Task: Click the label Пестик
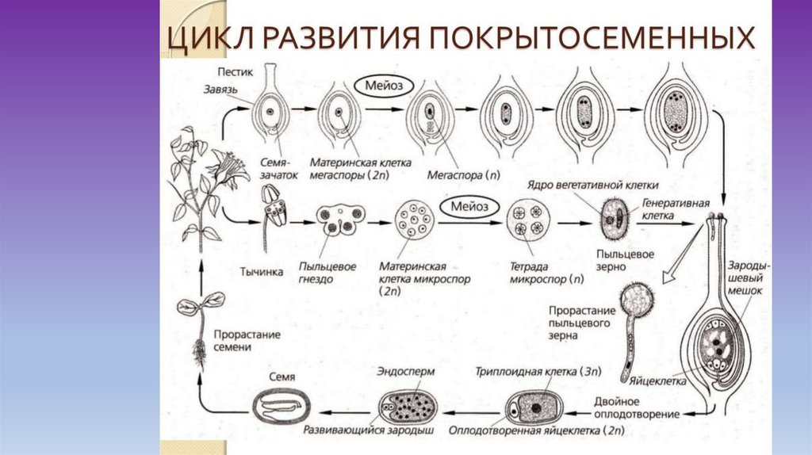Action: (x=235, y=71)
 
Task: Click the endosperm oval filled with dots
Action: (x=408, y=404)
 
